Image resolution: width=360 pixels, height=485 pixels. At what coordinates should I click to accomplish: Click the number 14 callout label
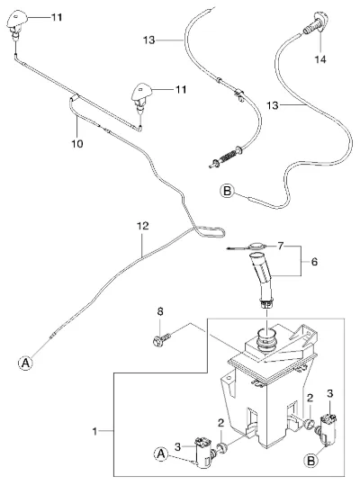click(x=320, y=59)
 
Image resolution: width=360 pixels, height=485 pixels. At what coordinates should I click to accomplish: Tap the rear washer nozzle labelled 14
click(x=316, y=24)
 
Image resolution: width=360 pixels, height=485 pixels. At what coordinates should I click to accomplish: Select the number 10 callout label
click(x=77, y=144)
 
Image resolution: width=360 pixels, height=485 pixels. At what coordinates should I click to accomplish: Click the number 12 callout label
click(x=143, y=226)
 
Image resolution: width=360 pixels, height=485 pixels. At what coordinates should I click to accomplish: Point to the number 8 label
click(x=160, y=311)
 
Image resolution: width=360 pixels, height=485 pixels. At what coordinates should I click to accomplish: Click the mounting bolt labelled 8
click(x=161, y=339)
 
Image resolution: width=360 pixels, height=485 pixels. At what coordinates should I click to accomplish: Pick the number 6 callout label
click(x=314, y=262)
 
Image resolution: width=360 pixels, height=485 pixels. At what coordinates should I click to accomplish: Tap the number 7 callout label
click(x=280, y=247)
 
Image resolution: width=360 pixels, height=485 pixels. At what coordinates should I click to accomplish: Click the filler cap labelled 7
click(x=247, y=247)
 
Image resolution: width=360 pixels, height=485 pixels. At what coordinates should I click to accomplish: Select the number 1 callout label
click(x=94, y=431)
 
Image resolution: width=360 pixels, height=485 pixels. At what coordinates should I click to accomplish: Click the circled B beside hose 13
click(x=228, y=191)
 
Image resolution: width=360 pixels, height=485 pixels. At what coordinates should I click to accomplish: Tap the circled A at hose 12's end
click(x=25, y=363)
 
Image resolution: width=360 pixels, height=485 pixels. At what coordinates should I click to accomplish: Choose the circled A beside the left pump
click(x=161, y=454)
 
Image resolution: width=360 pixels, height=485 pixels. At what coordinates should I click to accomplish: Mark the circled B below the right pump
click(x=310, y=461)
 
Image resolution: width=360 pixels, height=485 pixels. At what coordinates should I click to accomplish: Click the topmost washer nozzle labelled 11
click(x=17, y=24)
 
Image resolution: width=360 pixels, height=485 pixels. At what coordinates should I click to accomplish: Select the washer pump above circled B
click(x=328, y=428)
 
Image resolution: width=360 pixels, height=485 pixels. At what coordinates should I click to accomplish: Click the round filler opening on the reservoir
click(x=266, y=339)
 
